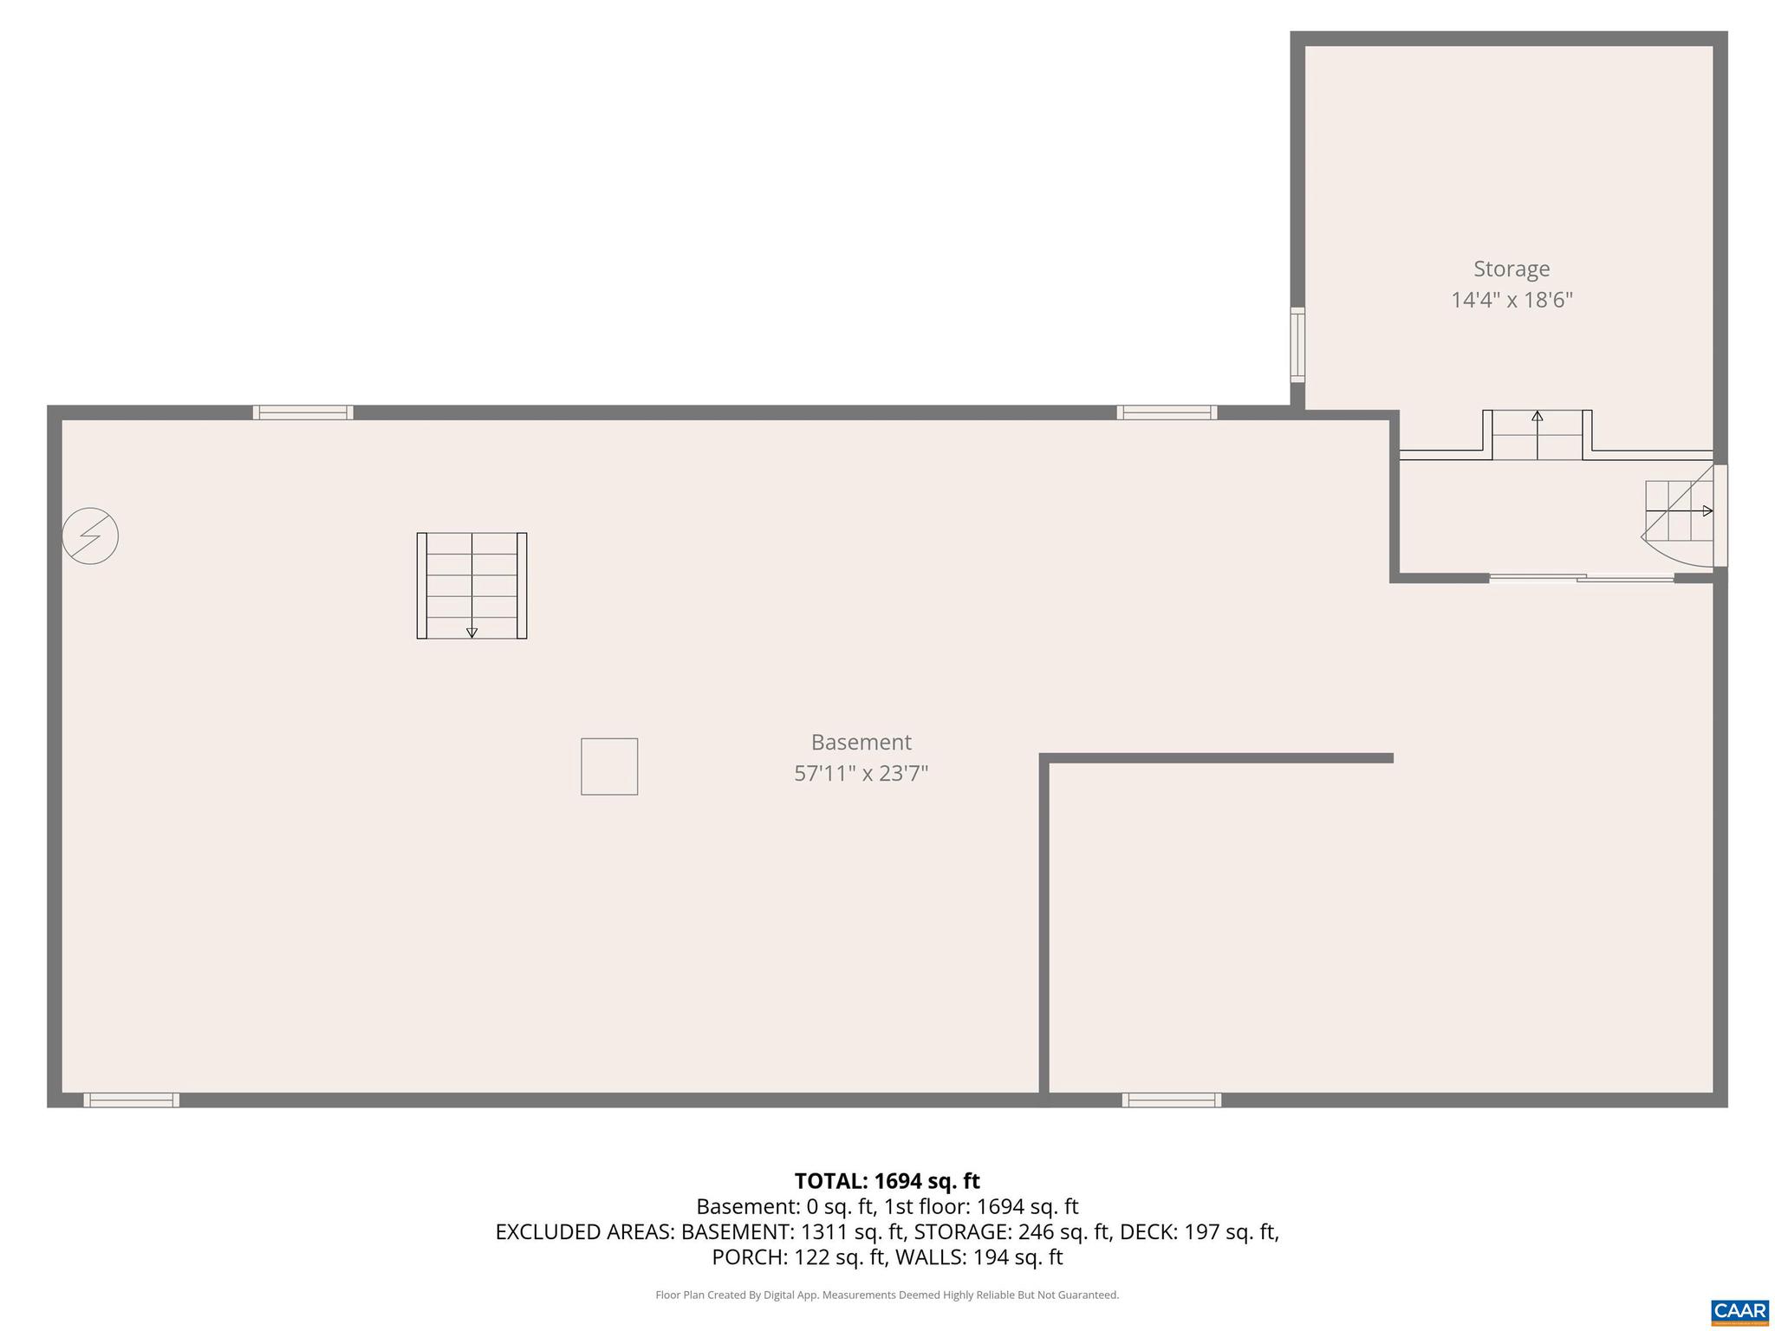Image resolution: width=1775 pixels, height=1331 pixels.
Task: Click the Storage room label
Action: [1512, 269]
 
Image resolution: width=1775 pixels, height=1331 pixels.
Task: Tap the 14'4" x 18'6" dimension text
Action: [1512, 301]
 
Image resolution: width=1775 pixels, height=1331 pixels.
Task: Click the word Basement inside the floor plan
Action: [861, 742]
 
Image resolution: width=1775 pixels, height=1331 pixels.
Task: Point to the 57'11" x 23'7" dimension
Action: [861, 773]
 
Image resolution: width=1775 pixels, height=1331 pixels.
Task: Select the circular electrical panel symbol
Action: [90, 536]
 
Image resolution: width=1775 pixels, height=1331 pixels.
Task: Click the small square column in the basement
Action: [609, 766]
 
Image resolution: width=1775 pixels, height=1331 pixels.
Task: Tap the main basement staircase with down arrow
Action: [471, 586]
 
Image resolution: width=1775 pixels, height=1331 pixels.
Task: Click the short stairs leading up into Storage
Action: [1537, 435]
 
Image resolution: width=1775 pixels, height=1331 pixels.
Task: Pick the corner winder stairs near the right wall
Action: [1680, 520]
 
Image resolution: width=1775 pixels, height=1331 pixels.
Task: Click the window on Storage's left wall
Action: [1297, 345]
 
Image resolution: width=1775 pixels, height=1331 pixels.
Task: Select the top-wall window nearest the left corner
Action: [302, 412]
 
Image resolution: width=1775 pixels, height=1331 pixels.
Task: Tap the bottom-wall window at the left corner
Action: [132, 1100]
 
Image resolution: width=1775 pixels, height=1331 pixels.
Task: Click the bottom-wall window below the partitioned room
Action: [1171, 1100]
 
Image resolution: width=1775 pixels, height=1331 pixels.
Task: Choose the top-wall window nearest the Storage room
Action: [1167, 412]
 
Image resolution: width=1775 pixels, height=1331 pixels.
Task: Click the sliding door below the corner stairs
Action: [1582, 578]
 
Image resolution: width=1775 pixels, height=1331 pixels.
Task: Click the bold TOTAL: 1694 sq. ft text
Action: [887, 1181]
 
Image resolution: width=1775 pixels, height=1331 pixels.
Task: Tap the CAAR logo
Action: [1739, 1311]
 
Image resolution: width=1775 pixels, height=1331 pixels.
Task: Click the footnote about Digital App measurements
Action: [887, 1295]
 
